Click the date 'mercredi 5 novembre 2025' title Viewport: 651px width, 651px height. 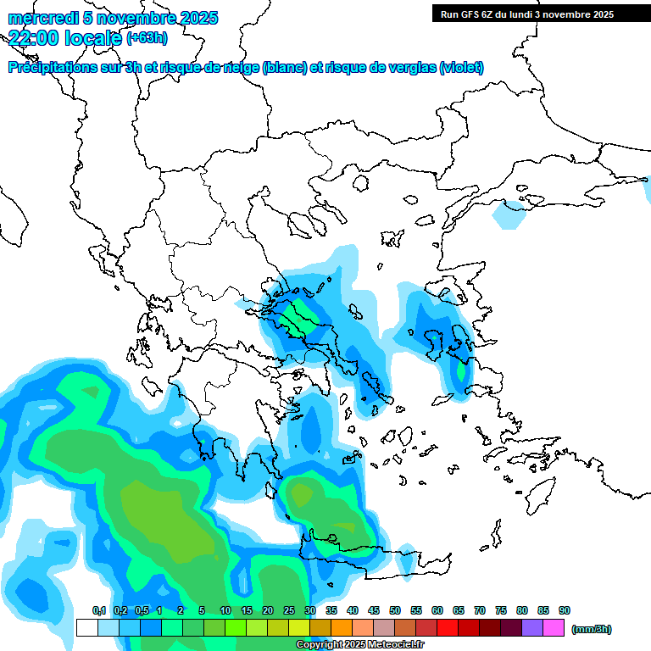(x=113, y=18)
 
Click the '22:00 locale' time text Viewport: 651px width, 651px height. (x=65, y=36)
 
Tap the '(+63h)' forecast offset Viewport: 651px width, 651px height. (x=147, y=37)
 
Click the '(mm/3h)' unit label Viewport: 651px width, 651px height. (x=591, y=629)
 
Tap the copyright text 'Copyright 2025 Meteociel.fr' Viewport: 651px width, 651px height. (x=359, y=645)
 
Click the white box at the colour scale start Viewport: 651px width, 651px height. (x=86, y=627)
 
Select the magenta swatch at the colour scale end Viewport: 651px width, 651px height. (x=554, y=627)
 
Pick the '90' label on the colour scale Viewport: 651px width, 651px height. (x=565, y=610)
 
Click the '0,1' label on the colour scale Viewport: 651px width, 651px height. (x=98, y=610)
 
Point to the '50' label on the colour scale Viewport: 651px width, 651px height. (x=395, y=610)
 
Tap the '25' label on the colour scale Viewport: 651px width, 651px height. (x=288, y=610)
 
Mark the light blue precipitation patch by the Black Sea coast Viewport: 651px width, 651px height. (x=508, y=215)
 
